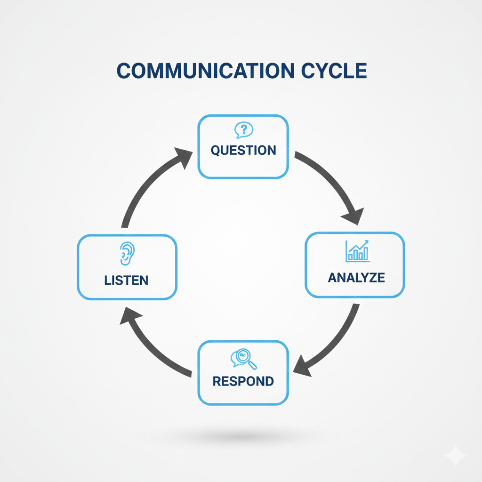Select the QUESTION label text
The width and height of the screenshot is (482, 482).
243,151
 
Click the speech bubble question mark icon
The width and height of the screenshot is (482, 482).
243,130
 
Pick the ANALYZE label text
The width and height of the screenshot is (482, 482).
356,278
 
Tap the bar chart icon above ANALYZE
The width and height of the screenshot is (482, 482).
357,251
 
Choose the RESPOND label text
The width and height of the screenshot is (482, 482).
243,381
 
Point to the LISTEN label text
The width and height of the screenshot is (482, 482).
126,281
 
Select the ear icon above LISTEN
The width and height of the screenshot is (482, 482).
127,254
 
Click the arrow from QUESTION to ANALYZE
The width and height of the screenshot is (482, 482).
329,181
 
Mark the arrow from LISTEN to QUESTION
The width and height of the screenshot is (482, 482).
146,188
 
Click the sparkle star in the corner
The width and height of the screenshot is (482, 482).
455,456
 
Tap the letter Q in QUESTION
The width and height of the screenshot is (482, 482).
216,151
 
